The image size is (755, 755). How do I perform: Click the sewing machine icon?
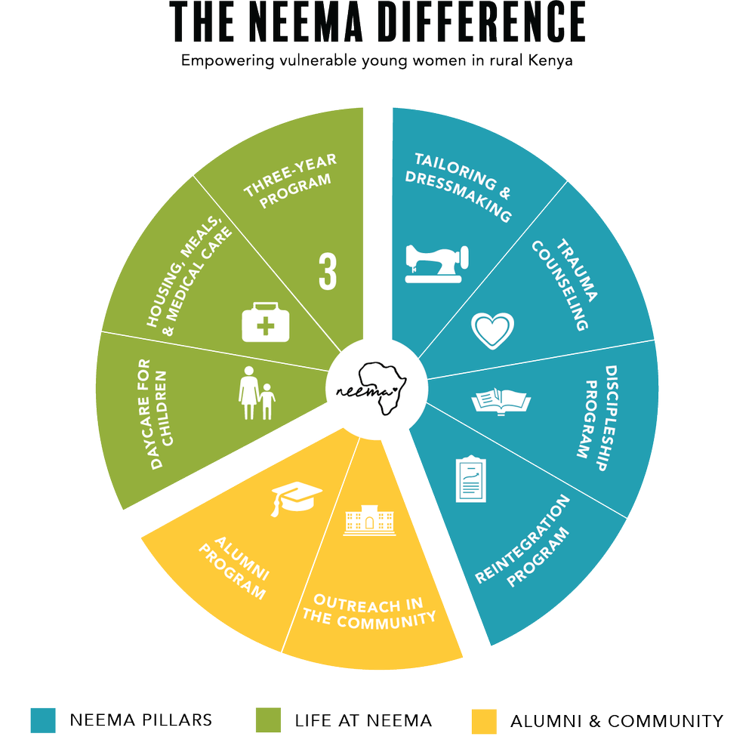coord(436,263)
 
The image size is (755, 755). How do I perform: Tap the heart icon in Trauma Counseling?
coord(492,331)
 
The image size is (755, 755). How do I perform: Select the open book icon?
coord(501,401)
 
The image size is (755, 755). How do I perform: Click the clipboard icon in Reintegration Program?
coord(470,479)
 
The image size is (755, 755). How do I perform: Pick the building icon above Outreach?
coord(369,520)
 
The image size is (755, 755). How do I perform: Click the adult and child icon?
coord(257,393)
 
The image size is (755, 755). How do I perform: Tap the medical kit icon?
coord(265,322)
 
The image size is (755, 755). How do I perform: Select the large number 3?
coord(328,271)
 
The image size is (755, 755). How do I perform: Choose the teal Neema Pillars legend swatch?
coord(43,720)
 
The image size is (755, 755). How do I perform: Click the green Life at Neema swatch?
coord(268,720)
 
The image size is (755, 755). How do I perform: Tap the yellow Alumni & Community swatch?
coord(484,721)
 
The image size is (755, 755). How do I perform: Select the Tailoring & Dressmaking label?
coord(459,187)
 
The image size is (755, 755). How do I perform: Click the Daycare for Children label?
coord(156,414)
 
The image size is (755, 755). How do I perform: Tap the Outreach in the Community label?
coord(369,612)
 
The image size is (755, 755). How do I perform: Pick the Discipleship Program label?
coord(597,418)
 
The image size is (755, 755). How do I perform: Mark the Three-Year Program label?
coord(289,181)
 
